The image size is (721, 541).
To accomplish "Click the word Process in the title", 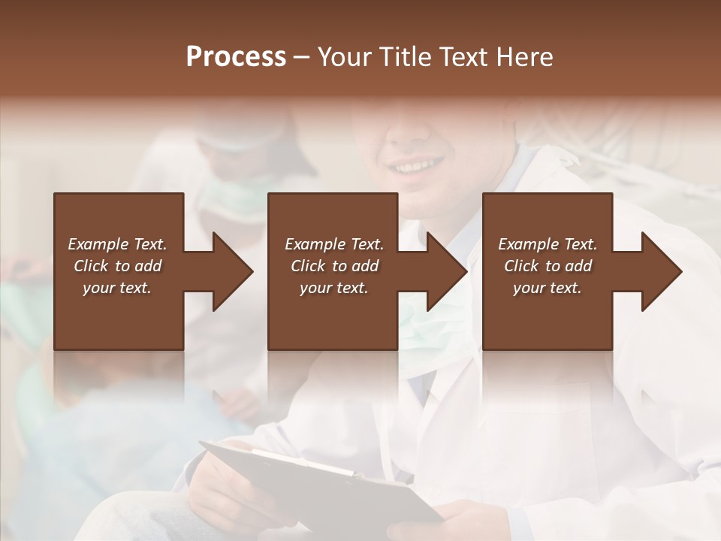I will pyautogui.click(x=236, y=57).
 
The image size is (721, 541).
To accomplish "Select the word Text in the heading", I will pyautogui.click(x=459, y=57).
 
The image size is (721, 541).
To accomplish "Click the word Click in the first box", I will pyautogui.click(x=91, y=266).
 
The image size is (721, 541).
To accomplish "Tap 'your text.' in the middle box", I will pyautogui.click(x=333, y=288).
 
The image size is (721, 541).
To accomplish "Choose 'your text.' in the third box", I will pyautogui.click(x=548, y=288).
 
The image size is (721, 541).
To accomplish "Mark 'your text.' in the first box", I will pyautogui.click(x=117, y=288).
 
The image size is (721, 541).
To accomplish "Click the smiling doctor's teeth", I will pyautogui.click(x=418, y=163).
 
